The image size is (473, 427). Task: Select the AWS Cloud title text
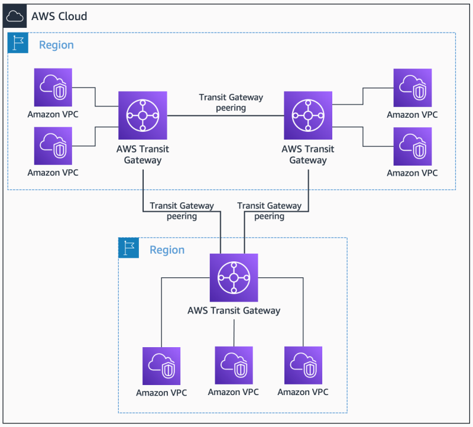[x=59, y=16]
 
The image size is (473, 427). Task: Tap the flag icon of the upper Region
[x=18, y=44]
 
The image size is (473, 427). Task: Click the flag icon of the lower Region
[x=128, y=248]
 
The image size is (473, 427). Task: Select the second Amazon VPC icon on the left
[x=53, y=145]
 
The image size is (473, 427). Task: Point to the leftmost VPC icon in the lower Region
[x=161, y=366]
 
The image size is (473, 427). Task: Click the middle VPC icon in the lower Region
[x=234, y=365]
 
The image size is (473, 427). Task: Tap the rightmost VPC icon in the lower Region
[x=303, y=365]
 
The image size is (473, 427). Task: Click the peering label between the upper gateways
[x=231, y=103]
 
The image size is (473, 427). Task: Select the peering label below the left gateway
[x=182, y=211]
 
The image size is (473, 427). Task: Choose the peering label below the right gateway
[x=269, y=211]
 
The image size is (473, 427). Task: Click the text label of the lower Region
[x=167, y=250]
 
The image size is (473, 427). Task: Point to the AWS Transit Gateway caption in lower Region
[x=234, y=310]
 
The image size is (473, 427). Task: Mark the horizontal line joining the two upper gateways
[x=225, y=116]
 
